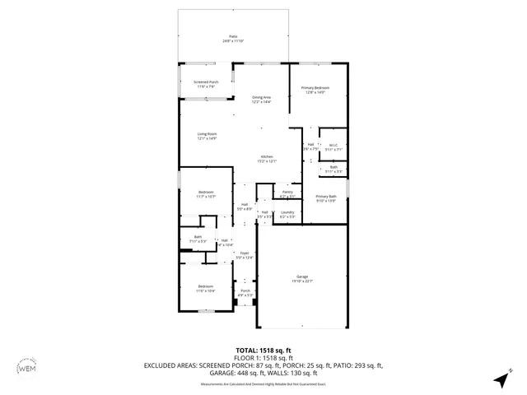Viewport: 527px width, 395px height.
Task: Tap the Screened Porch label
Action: point(206,83)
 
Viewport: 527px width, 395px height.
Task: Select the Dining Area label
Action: point(261,99)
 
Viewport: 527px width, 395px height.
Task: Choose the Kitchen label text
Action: point(267,158)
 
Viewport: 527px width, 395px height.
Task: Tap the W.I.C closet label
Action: point(333,147)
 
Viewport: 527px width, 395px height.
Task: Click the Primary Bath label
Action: point(326,198)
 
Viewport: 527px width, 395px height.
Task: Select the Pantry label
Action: point(287,196)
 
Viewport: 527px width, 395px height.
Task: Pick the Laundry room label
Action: point(287,214)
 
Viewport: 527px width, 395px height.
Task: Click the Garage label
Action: point(302,278)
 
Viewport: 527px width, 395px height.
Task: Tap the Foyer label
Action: point(244,255)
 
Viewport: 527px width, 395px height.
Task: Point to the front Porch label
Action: point(245,292)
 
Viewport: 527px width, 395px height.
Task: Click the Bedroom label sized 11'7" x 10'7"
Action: point(206,194)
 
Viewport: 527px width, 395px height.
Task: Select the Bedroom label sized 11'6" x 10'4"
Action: point(205,289)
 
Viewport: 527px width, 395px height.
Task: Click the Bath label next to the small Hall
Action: point(198,239)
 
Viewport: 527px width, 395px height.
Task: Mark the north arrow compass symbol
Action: point(500,379)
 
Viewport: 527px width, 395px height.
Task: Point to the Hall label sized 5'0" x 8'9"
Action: point(244,207)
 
